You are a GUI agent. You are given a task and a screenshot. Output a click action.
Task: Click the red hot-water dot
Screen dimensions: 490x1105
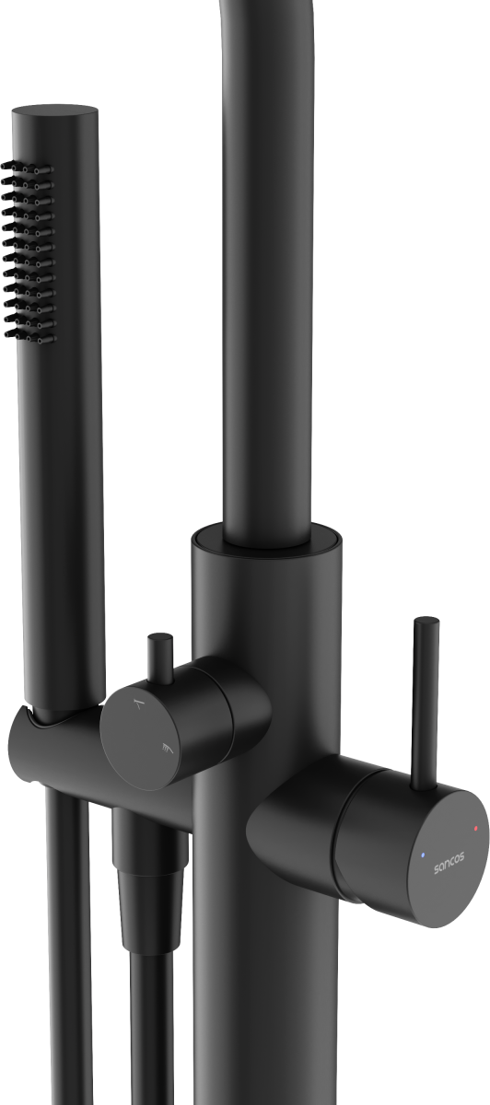[x=475, y=828]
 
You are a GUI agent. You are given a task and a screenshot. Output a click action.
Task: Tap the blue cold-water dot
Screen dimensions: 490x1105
[x=423, y=855]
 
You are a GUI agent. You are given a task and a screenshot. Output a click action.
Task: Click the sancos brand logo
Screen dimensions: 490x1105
[x=449, y=863]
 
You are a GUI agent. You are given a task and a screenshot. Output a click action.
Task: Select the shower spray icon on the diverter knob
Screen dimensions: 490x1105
[x=168, y=749]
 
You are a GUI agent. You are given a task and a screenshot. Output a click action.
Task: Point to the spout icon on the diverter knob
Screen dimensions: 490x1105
[x=140, y=703]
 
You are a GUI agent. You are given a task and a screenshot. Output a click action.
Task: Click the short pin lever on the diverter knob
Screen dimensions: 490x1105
[x=160, y=658]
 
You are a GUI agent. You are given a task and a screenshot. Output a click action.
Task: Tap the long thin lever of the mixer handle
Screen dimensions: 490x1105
[x=426, y=704]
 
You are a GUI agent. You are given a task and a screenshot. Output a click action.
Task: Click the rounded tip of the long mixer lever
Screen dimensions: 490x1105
[x=426, y=622]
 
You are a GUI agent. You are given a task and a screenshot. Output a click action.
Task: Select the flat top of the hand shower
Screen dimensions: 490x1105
[x=54, y=111]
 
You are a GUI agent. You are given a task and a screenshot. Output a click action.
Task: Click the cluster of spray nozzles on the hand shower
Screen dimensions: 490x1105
[x=29, y=251]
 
